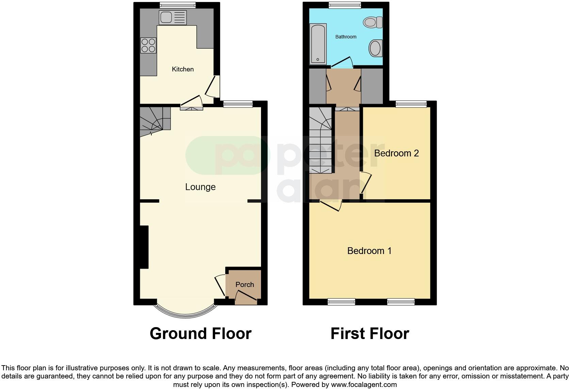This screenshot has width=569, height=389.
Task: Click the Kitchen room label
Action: tap(183, 69)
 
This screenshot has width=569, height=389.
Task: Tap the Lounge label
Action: tap(200, 187)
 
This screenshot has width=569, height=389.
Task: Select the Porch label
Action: tap(245, 285)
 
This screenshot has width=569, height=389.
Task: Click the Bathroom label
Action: tap(346, 37)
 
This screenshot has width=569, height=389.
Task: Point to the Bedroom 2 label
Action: tap(396, 153)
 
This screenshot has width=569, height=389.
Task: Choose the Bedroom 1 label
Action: tap(369, 251)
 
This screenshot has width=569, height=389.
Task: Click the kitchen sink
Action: tap(173, 17)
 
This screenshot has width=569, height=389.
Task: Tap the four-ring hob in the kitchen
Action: tap(148, 45)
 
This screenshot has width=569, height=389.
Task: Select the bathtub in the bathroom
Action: tap(318, 44)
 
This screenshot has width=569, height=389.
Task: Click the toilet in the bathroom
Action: tap(373, 22)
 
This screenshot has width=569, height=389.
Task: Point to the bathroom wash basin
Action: tap(376, 48)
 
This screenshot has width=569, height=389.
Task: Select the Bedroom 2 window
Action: tap(411, 104)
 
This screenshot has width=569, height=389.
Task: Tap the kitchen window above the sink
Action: tap(178, 5)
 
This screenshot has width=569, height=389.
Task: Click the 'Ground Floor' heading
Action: tap(200, 334)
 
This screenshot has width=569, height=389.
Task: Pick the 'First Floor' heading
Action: tap(370, 334)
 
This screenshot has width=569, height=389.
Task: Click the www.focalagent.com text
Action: tap(364, 385)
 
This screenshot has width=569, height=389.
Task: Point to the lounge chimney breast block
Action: tap(144, 247)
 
